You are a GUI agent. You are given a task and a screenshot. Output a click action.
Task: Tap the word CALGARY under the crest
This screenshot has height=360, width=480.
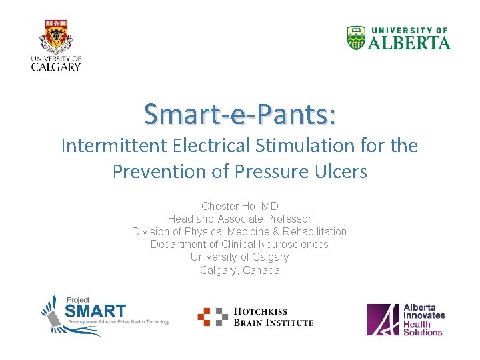(56, 66)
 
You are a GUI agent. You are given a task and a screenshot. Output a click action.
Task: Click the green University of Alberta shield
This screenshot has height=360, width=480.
(357, 38)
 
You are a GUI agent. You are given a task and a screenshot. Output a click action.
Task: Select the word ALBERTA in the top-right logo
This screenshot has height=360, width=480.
(409, 43)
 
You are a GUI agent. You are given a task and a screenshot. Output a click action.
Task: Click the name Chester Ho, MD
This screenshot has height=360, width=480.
(239, 207)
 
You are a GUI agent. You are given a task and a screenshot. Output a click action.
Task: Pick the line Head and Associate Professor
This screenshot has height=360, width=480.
(239, 219)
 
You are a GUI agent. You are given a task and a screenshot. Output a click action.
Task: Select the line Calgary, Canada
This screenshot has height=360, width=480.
(239, 270)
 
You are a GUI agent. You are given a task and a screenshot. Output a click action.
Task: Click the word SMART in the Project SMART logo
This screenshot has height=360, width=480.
(95, 311)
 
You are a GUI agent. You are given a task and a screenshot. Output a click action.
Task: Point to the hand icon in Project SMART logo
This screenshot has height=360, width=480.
(53, 313)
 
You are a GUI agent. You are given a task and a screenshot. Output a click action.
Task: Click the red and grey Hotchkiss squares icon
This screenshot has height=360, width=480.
(213, 317)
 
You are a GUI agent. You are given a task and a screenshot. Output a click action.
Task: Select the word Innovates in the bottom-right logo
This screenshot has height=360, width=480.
(424, 315)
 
